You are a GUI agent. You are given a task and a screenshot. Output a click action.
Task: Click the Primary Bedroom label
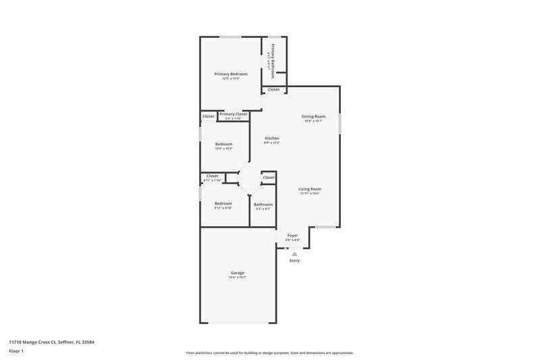[231, 74]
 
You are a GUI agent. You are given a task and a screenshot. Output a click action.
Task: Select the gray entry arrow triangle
[294, 253]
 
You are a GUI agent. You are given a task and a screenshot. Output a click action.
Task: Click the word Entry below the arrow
[294, 261]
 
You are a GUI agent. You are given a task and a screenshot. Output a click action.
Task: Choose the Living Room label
[310, 189]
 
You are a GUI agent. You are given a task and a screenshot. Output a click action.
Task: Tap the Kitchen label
[271, 138]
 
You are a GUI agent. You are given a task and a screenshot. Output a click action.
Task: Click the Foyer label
[292, 235]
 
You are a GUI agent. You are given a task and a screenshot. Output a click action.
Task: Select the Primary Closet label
[233, 114]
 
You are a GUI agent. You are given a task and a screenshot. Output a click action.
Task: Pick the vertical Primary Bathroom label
[273, 61]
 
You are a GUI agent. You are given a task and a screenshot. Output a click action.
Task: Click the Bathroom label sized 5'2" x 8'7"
[263, 205]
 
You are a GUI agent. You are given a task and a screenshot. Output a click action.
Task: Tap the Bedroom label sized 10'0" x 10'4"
[224, 144]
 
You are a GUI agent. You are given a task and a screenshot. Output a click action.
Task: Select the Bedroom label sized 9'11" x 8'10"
[223, 203]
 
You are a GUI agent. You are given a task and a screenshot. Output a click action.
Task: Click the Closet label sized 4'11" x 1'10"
[213, 176]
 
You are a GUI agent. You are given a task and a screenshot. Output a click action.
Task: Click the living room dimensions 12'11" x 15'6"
[310, 194]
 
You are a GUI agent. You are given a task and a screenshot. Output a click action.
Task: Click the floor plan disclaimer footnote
[269, 353]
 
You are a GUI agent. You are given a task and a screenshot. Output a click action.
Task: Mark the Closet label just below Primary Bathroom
[273, 90]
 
